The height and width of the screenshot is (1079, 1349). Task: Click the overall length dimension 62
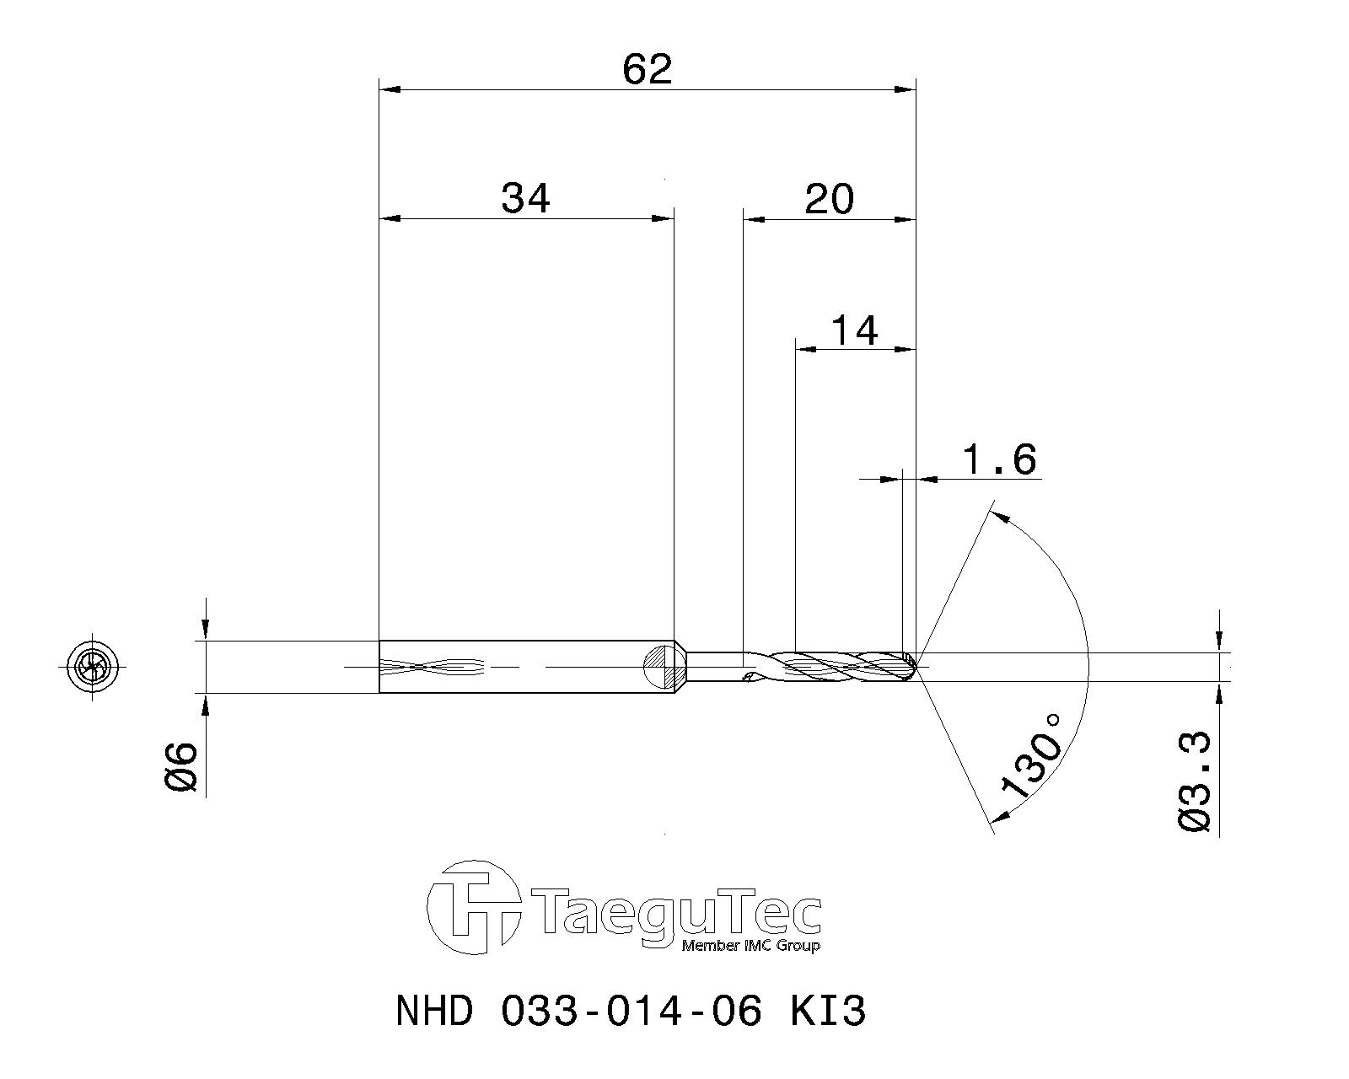(x=648, y=69)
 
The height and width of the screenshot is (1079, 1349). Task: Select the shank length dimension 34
(x=525, y=200)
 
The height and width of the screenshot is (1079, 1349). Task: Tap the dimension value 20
(x=830, y=200)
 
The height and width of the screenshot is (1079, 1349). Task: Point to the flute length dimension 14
(x=855, y=330)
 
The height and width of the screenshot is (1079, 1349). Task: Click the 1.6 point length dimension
(x=998, y=460)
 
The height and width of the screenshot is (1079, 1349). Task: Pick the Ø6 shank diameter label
(x=181, y=767)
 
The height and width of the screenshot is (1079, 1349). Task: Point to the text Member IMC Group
(x=750, y=946)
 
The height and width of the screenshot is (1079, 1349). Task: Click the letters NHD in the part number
(x=433, y=1011)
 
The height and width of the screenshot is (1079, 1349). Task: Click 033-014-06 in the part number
(x=632, y=1011)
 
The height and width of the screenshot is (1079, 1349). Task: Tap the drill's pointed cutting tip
(x=916, y=666)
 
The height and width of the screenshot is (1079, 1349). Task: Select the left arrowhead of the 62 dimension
(x=388, y=89)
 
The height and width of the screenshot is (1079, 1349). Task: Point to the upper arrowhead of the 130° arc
(x=998, y=514)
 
